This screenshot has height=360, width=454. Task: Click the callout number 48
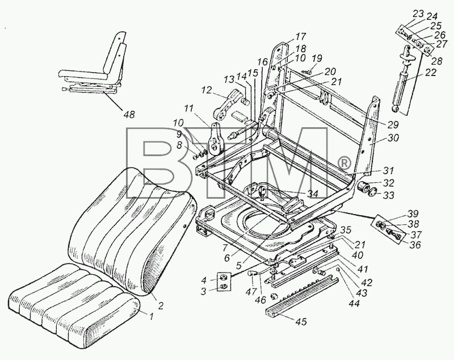[x=129, y=114]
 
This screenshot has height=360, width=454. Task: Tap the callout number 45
[x=301, y=321]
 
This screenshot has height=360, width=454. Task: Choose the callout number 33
[x=388, y=195]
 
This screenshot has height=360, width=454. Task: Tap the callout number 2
[x=161, y=305]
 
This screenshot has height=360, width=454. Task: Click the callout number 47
[x=252, y=291]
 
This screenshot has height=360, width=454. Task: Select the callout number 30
[x=393, y=138]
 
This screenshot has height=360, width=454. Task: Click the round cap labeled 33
[x=374, y=192]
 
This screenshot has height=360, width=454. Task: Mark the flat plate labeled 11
[x=216, y=139]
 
